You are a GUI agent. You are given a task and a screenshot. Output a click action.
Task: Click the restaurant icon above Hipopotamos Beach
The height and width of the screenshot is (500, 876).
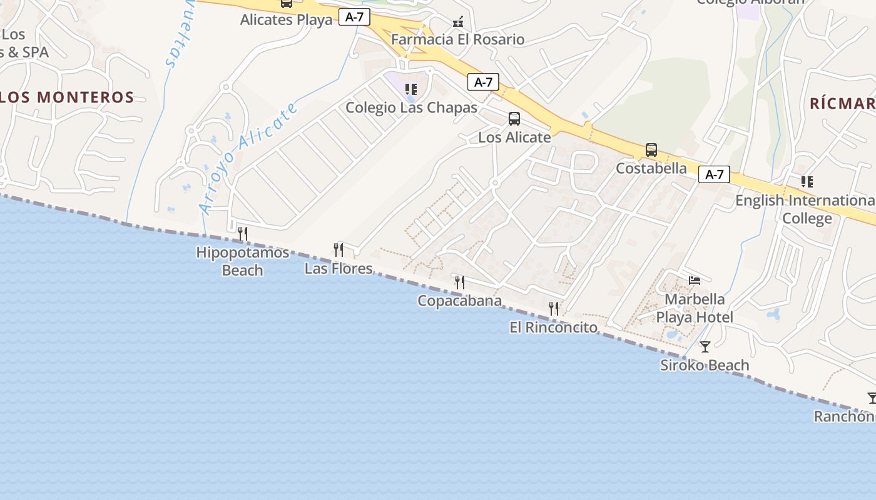pos(243,234)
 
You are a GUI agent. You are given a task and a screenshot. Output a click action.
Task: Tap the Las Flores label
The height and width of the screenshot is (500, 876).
pos(339,268)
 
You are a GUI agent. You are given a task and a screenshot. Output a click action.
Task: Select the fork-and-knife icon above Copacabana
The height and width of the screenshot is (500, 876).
pos(459,282)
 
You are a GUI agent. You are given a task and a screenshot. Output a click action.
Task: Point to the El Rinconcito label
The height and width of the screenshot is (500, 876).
pos(553,327)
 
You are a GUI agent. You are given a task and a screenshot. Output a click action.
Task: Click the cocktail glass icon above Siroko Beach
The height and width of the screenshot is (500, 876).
pos(705,346)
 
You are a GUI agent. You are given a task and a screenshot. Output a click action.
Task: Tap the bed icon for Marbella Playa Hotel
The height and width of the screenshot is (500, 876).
pos(694,281)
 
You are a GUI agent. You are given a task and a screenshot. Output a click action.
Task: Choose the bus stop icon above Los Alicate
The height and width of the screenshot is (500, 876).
pos(514,119)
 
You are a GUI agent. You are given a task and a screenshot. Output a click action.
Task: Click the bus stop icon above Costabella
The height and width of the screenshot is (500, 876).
pos(651,150)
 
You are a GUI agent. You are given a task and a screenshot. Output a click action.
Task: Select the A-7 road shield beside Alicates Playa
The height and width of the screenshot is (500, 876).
pos(354,17)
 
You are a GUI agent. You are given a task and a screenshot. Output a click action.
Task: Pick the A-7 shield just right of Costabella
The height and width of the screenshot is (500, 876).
pos(714,174)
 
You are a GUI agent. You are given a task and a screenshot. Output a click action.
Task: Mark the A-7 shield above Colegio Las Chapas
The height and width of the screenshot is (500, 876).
pos(483,82)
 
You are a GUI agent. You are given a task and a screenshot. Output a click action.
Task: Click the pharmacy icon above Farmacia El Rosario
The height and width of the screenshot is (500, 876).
pos(458,22)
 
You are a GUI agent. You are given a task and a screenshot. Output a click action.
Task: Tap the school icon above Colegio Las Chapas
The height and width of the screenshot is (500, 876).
pos(410,89)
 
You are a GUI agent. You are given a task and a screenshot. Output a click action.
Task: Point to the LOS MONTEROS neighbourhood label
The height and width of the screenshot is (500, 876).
pos(67,97)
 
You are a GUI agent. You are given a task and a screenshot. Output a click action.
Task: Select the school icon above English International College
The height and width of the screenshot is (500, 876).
pos(807,182)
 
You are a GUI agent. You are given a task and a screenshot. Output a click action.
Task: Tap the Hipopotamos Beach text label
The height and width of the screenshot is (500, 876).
pos(243,261)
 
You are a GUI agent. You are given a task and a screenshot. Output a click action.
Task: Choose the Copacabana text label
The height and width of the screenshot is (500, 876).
pos(459,301)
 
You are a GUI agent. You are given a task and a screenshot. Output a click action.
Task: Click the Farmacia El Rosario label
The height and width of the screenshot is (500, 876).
pos(458,39)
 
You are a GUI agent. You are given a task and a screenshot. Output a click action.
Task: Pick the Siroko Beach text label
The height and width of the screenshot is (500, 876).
pos(705,365)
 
